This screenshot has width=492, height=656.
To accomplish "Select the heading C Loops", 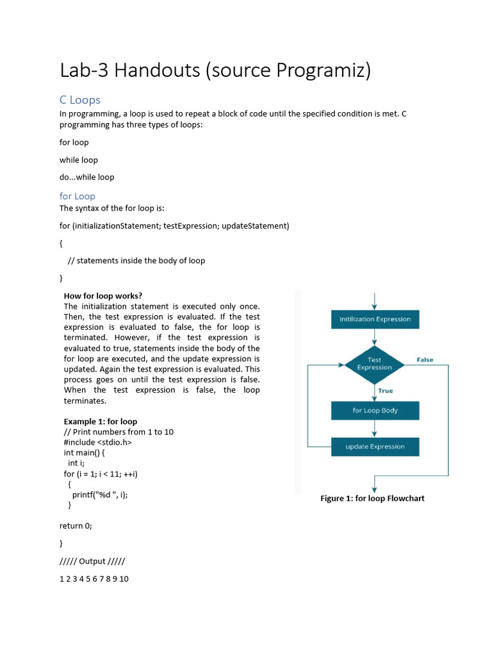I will pyautogui.click(x=80, y=100).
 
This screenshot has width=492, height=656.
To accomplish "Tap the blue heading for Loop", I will pyautogui.click(x=78, y=196).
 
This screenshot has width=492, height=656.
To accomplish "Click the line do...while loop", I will pyautogui.click(x=87, y=177).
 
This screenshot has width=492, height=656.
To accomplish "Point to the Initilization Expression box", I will pyautogui.click(x=375, y=319).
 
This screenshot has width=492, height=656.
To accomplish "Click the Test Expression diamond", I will pyautogui.click(x=374, y=364).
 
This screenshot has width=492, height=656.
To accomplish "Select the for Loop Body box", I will pyautogui.click(x=375, y=411).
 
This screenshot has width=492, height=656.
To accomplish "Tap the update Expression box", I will pyautogui.click(x=375, y=447).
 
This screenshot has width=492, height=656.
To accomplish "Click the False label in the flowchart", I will pyautogui.click(x=425, y=360).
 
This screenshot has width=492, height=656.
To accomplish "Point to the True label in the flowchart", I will pyautogui.click(x=386, y=391).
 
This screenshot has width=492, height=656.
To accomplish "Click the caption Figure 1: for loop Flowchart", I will pyautogui.click(x=372, y=498).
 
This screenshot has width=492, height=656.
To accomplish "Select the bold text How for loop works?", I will pyautogui.click(x=103, y=296).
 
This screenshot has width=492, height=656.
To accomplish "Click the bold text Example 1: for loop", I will pyautogui.click(x=101, y=422).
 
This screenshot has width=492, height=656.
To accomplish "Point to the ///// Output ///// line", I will pyautogui.click(x=92, y=561).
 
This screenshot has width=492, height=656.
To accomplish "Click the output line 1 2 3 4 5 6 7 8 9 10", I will pyautogui.click(x=94, y=579).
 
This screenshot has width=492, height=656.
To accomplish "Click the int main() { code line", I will pyautogui.click(x=88, y=452).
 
